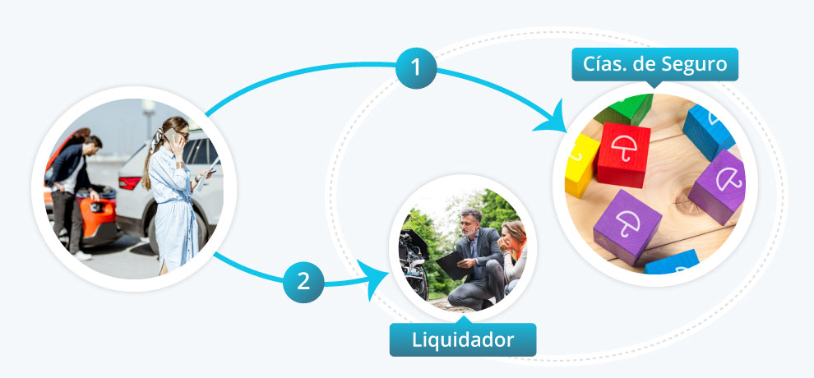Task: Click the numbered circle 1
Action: tap(416, 67)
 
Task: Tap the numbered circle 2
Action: tap(303, 281)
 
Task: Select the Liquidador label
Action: tap(463, 339)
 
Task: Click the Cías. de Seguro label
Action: tap(654, 64)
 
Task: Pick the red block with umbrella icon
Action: tap(623, 154)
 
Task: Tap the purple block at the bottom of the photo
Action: tap(627, 227)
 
